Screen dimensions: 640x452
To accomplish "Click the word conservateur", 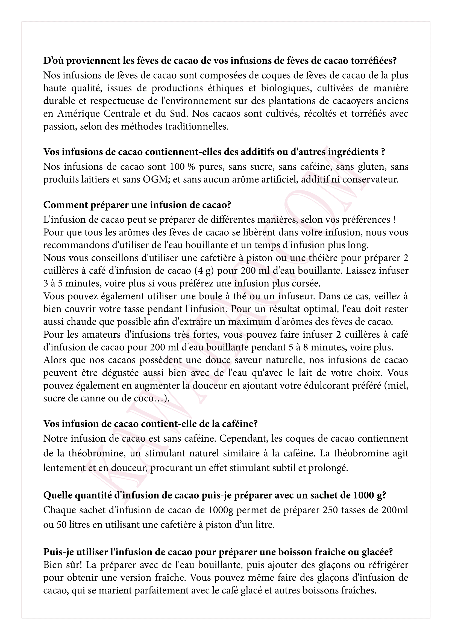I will click(x=371, y=179).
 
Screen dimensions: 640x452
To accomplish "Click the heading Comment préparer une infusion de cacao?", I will click(x=137, y=205).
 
